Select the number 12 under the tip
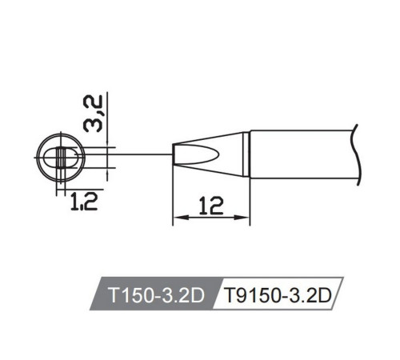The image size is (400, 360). click(x=211, y=206)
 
